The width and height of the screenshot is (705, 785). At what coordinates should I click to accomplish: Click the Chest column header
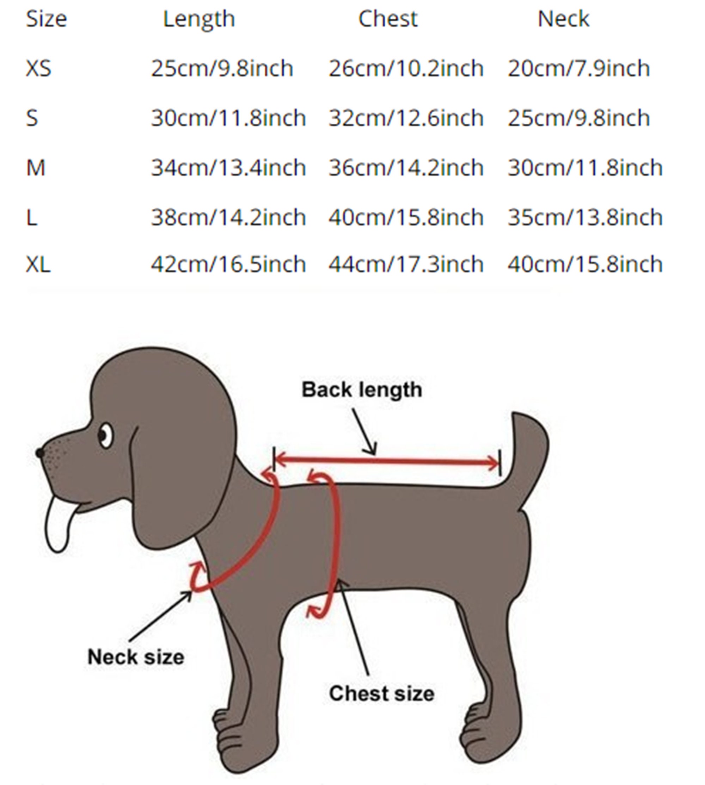[x=388, y=19]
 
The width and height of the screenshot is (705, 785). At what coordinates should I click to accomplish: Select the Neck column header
[x=564, y=19]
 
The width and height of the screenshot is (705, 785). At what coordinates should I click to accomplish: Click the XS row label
[x=38, y=69]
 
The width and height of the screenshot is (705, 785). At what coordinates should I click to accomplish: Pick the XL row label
[x=38, y=265]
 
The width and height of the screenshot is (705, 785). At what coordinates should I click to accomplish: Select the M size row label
[x=36, y=168]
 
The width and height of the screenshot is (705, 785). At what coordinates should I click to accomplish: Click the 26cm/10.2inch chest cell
[x=406, y=69]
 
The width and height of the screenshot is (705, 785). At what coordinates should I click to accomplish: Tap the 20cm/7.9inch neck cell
[x=579, y=69]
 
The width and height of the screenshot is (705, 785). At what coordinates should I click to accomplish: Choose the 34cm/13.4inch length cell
[x=228, y=168]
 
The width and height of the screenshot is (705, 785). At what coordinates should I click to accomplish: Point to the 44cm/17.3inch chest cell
[x=406, y=265]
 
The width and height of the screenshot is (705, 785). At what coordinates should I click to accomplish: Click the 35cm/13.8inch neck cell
[x=585, y=218]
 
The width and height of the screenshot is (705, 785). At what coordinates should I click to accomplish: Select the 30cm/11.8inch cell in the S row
[x=228, y=118]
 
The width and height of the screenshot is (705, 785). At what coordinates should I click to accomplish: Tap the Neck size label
[x=136, y=657]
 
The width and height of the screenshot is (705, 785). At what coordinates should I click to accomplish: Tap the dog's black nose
[x=39, y=452]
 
